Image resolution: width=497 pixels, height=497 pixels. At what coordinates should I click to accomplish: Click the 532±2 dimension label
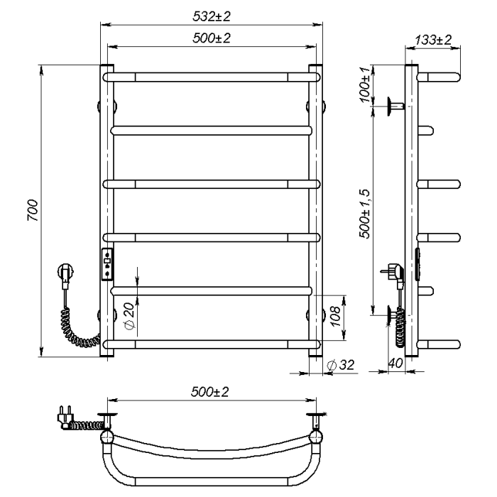212,16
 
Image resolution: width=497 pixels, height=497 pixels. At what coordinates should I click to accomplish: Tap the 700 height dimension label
33,210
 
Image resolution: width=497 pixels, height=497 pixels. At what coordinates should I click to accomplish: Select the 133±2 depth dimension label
433,40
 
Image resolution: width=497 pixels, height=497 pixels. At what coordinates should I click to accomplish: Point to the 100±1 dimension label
365,84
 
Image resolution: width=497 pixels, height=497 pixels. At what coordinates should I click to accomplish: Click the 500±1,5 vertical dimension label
364,214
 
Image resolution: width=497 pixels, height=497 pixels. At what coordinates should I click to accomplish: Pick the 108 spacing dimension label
334,316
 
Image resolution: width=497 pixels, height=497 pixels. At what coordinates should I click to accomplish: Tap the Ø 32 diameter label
340,365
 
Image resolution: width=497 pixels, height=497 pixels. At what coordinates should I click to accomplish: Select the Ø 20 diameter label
130,316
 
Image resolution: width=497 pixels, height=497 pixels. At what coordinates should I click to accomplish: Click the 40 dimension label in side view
395,363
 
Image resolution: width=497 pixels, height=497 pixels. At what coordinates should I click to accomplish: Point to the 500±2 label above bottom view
209,392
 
